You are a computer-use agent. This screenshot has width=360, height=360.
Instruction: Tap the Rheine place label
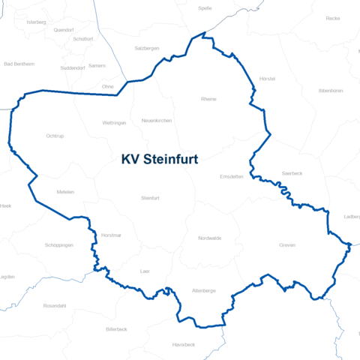(208, 99)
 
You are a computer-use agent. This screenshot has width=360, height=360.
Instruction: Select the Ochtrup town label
(55, 136)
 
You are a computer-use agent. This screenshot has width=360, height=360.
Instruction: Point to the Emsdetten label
(232, 177)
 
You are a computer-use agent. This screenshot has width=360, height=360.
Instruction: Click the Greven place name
(287, 245)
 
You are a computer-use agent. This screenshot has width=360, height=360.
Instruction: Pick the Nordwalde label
(210, 238)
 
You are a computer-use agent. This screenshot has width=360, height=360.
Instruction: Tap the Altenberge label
(204, 289)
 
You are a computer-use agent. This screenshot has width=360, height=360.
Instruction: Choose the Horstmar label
(111, 235)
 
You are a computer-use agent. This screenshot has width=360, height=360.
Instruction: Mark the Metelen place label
(66, 192)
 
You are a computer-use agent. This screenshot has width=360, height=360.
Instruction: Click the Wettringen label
(114, 122)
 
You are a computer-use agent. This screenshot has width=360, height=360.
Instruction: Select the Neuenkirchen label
(157, 120)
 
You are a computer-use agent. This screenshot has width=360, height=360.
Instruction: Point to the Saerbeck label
(292, 172)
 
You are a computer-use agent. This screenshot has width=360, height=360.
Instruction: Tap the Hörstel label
(267, 79)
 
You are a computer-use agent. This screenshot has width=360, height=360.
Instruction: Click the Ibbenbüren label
(331, 90)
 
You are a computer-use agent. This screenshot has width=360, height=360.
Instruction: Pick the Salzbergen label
(146, 47)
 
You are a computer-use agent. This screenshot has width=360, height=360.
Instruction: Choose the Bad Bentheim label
(19, 64)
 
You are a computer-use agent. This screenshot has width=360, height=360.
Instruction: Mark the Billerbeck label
(117, 329)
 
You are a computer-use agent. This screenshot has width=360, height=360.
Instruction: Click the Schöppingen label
(59, 245)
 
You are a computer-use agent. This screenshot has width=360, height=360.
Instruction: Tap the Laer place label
(145, 271)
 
